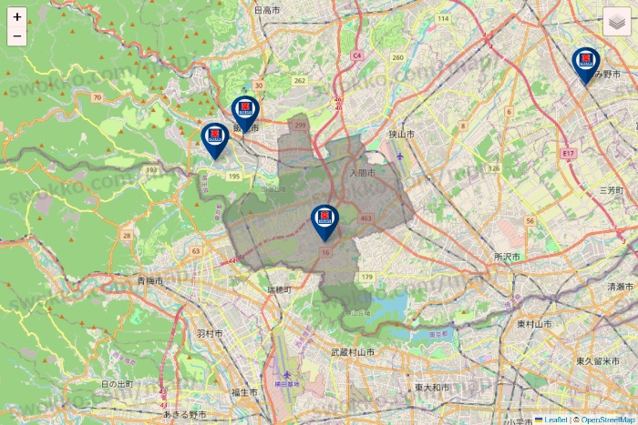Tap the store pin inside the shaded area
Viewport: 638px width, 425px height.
point(324,218)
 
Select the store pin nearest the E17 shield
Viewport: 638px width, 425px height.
point(586,62)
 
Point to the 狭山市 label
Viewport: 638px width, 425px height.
point(402,134)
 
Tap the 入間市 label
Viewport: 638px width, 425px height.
point(362,172)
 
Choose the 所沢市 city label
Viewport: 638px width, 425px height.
point(506,258)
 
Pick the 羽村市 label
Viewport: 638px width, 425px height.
point(210,334)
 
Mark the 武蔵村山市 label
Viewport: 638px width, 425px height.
point(353,351)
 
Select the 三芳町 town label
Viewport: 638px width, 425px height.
point(610,190)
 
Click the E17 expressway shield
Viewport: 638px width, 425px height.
point(569,154)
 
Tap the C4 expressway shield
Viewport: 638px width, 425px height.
point(357,56)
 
